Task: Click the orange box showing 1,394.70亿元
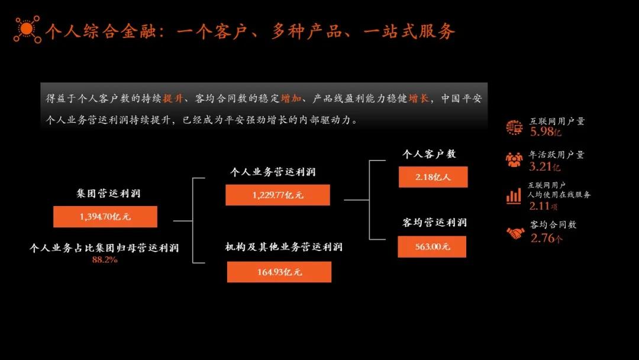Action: click(105, 217)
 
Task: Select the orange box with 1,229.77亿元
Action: click(277, 195)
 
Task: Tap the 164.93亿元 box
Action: click(279, 272)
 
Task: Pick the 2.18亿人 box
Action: click(433, 177)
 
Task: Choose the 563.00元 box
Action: click(432, 247)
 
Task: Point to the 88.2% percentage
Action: click(105, 260)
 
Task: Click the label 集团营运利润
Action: click(108, 193)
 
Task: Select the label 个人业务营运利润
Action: click(273, 172)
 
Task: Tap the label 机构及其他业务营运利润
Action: click(284, 247)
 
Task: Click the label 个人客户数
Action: click(429, 154)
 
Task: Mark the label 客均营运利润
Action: click(434, 222)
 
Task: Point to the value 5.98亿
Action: click(546, 131)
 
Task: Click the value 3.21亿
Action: click(544, 166)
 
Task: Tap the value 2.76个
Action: click(547, 237)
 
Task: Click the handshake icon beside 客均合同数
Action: click(515, 233)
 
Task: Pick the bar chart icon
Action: click(514, 196)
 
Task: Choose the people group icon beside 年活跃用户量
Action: click(514, 159)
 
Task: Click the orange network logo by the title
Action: click(27, 30)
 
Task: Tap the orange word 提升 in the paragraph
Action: click(173, 98)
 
